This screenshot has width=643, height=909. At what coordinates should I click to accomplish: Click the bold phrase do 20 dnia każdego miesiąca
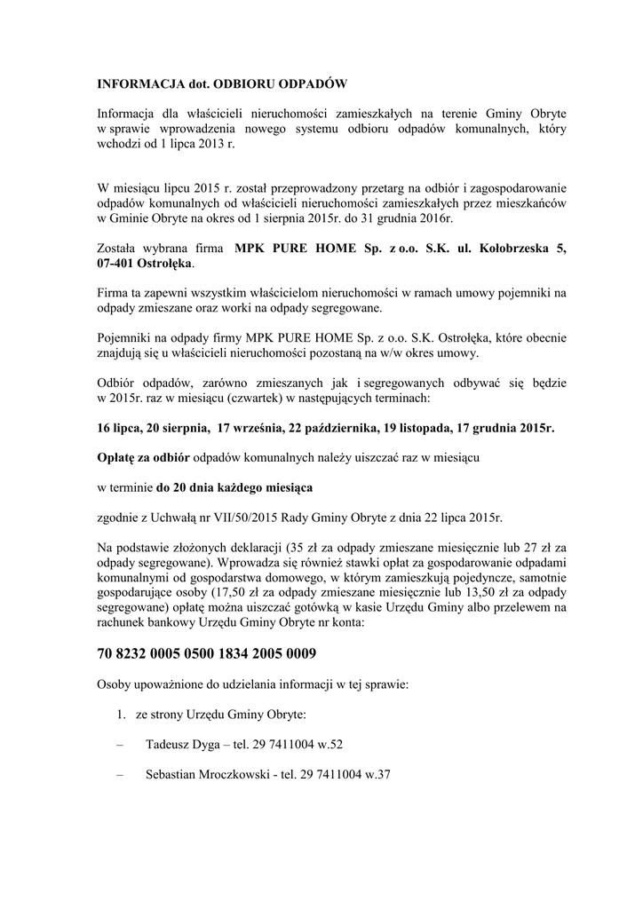coord(234,487)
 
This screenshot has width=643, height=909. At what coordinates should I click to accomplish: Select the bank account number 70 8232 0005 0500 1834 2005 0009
coord(206,653)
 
